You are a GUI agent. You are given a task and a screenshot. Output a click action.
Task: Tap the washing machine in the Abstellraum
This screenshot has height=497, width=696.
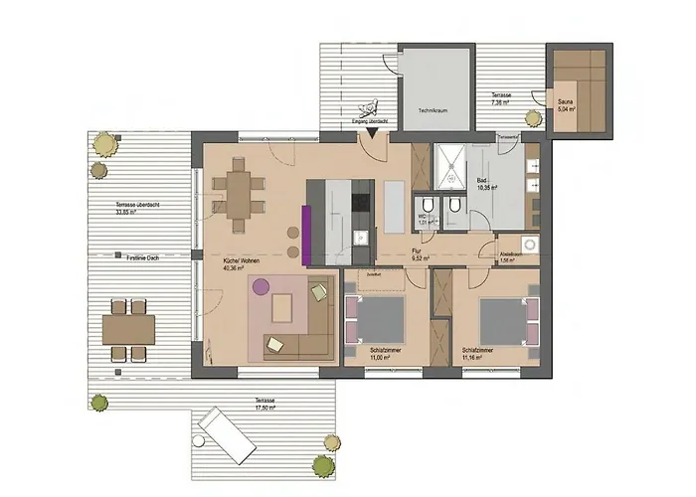529,245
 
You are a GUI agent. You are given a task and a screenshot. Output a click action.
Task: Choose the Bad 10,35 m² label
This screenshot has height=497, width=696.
487,184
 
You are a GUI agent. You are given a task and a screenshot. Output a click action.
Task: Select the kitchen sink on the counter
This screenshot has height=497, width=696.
361,238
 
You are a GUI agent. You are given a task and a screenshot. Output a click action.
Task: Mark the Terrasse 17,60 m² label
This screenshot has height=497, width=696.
263,403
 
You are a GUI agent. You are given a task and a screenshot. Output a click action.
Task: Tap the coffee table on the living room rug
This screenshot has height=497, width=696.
283,308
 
